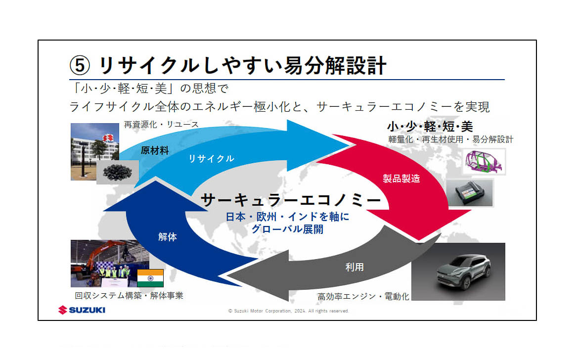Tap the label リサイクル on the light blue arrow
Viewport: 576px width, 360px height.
click(211, 159)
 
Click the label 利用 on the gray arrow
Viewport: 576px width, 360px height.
click(354, 267)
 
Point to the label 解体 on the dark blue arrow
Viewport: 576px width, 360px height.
click(168, 237)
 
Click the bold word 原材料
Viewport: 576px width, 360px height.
click(155, 150)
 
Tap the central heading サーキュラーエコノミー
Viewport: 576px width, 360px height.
click(292, 200)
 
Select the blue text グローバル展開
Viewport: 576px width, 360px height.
click(287, 229)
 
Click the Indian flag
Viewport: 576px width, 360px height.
click(150, 278)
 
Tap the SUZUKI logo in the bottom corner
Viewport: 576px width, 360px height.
click(82, 310)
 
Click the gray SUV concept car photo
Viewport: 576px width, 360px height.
click(458, 271)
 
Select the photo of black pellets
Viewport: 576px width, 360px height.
click(118, 172)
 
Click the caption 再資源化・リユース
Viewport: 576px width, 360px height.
click(161, 124)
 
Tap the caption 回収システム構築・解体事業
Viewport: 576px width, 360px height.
click(129, 296)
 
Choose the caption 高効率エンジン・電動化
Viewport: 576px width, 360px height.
click(363, 297)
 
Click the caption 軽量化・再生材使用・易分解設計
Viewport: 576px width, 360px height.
click(451, 139)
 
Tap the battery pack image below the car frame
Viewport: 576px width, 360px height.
click(470, 193)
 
